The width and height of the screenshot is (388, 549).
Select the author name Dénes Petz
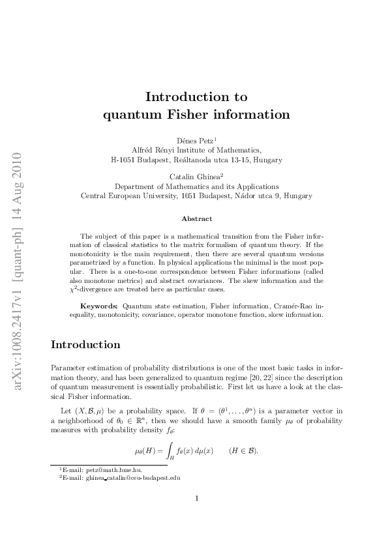point(194,140)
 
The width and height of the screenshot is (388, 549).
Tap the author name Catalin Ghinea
point(194,176)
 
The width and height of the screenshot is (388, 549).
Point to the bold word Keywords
point(99,305)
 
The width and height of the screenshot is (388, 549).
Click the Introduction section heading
point(85,344)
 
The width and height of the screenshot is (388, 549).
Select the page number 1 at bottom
point(196,499)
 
